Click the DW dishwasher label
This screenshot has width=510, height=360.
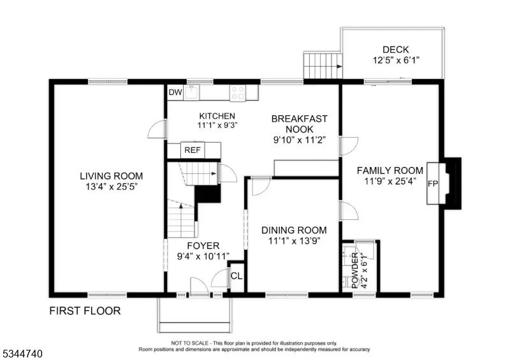pyautogui.click(x=175, y=92)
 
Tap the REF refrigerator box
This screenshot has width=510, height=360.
pyautogui.click(x=193, y=150)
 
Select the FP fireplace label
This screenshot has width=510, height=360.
pyautogui.click(x=433, y=184)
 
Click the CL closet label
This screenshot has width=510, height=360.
pyautogui.click(x=237, y=276)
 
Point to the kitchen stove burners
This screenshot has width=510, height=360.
pyautogui.click(x=238, y=92)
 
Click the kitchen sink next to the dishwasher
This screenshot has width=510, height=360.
pyautogui.click(x=191, y=92)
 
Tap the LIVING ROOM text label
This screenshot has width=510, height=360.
pyautogui.click(x=111, y=176)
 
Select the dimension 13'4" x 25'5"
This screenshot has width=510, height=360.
pyautogui.click(x=111, y=187)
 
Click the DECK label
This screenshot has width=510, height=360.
pyautogui.click(x=395, y=50)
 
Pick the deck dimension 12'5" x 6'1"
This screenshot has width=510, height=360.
pyautogui.click(x=396, y=60)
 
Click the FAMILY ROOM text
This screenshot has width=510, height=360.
pyautogui.click(x=390, y=170)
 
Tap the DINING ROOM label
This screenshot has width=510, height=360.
pyautogui.click(x=294, y=230)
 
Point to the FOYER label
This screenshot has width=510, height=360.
pyautogui.click(x=203, y=245)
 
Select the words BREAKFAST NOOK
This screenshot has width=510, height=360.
pyautogui.click(x=299, y=124)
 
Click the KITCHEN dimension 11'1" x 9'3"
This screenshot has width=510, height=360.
pyautogui.click(x=217, y=125)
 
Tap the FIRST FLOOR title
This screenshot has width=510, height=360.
pyautogui.click(x=85, y=311)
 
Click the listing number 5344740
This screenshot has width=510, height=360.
pyautogui.click(x=23, y=354)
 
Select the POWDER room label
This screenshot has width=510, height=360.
pyautogui.click(x=355, y=271)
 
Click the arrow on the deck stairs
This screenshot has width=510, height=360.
pyautogui.click(x=339, y=66)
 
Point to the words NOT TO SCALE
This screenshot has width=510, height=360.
pyautogui.click(x=191, y=343)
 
